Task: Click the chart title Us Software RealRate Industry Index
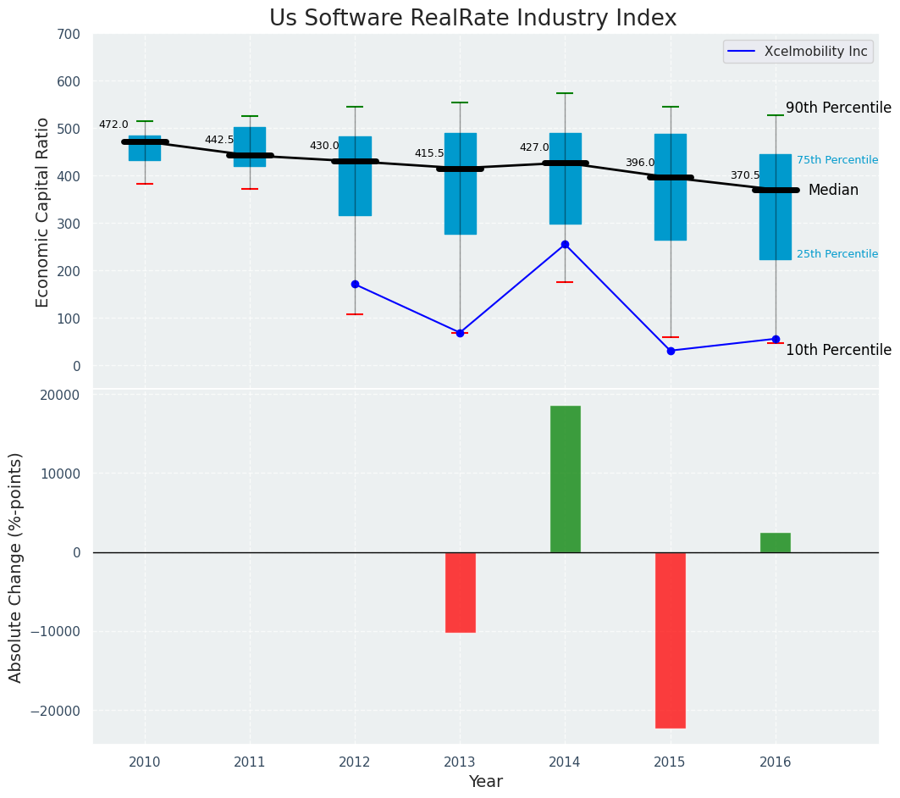(x=472, y=19)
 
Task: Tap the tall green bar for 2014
(x=565, y=479)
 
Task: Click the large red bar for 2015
(x=670, y=640)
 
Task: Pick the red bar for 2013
(x=460, y=592)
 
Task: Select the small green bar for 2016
(x=775, y=542)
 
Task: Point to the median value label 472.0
(x=113, y=125)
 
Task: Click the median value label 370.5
(x=745, y=175)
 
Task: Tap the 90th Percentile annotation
(x=838, y=108)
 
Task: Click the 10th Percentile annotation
(x=838, y=350)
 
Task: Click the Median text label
(x=833, y=191)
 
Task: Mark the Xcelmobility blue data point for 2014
(x=565, y=244)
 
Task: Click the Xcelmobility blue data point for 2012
(x=355, y=284)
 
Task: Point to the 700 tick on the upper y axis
(x=69, y=35)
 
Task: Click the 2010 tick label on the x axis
(x=145, y=762)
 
